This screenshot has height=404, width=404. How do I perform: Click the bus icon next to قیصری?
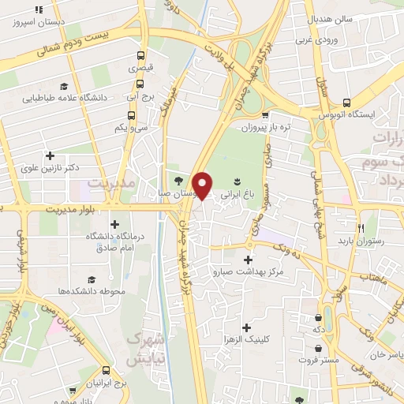[140, 56]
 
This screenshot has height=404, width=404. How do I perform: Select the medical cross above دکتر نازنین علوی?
[50, 155]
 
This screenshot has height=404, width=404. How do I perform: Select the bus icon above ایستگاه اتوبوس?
[347, 102]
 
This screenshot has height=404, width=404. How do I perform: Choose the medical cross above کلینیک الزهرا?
[247, 327]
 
